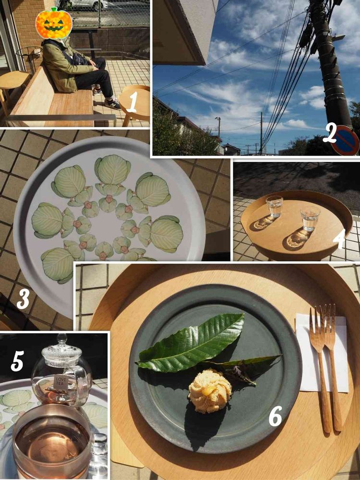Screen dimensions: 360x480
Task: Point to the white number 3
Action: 23,298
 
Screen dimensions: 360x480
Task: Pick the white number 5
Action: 17,361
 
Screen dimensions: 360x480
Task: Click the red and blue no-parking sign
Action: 345,140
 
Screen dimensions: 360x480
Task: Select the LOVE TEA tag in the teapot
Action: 60,382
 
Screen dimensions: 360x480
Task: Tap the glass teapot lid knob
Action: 62,338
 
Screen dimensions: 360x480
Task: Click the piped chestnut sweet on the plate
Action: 210,391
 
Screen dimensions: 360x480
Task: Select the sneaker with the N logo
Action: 112,104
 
